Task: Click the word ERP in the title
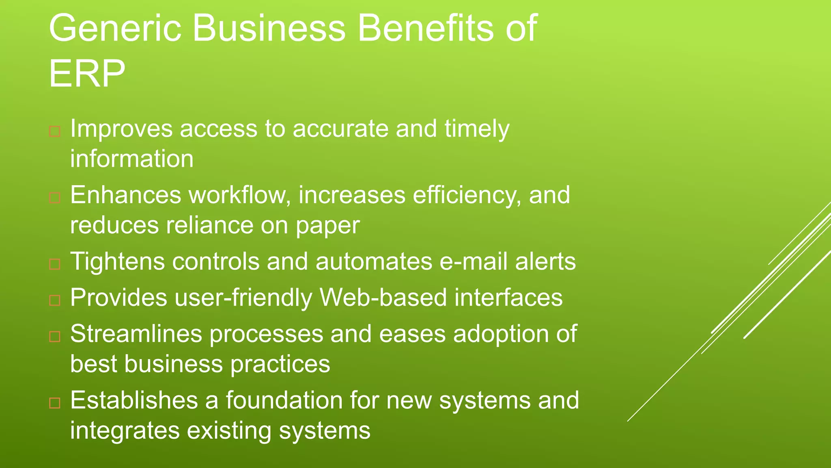(x=87, y=74)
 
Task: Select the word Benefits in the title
(x=425, y=28)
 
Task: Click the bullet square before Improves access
(x=55, y=132)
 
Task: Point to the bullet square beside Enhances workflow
(x=55, y=198)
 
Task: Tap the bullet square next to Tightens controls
(x=55, y=264)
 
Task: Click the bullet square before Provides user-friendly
(x=55, y=300)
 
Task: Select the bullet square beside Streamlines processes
(x=55, y=336)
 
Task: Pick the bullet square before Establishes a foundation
(x=55, y=403)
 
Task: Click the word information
(x=132, y=158)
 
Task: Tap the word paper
(x=327, y=226)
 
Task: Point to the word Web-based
(x=383, y=297)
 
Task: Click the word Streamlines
(x=136, y=334)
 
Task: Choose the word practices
(x=280, y=364)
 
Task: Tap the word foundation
(x=284, y=400)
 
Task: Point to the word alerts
(x=545, y=261)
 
